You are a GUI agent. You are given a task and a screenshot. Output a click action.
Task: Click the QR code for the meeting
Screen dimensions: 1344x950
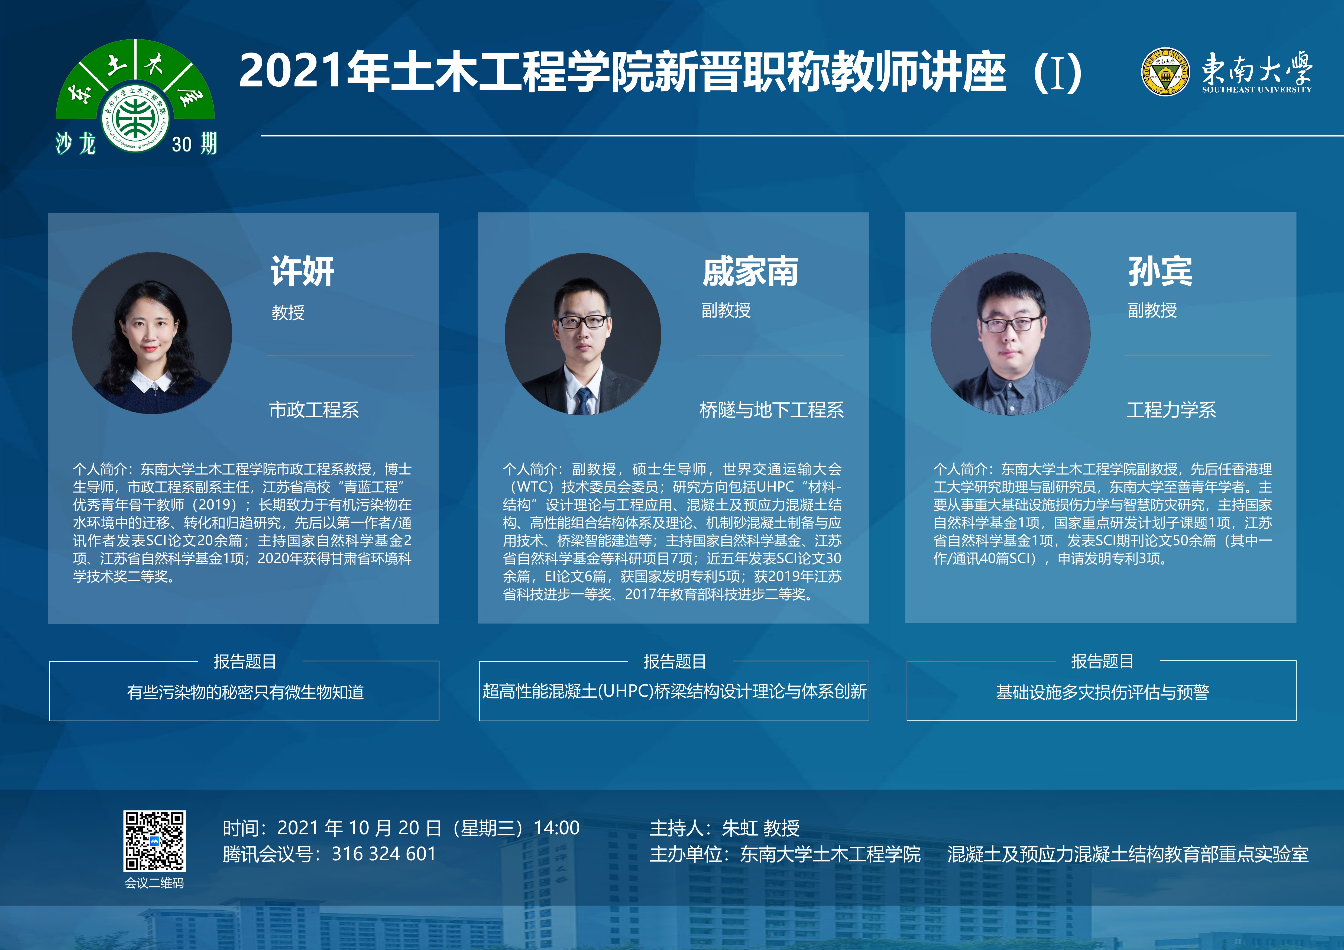154,841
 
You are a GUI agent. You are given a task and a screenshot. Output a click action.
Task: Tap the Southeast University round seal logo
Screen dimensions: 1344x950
1165,72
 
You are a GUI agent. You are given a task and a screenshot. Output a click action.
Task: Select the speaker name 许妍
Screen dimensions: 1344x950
302,272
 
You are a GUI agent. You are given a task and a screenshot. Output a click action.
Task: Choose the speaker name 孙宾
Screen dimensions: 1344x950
1160,272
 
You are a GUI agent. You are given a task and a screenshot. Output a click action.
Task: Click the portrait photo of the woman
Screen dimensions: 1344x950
152,333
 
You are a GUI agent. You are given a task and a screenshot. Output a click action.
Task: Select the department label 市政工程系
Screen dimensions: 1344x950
314,410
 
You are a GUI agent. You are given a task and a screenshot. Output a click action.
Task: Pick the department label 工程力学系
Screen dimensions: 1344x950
1171,410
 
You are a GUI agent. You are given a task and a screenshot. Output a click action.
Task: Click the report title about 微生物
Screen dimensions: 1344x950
245,693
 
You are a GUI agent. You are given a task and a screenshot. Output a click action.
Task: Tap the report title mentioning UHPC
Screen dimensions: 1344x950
674,691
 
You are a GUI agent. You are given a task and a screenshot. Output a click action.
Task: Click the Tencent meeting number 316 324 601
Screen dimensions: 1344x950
384,854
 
